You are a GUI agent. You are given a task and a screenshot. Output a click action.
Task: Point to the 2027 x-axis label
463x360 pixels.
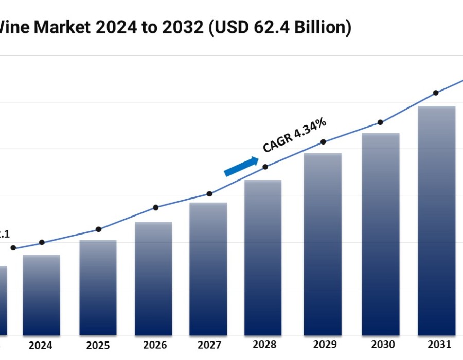tap(209, 345)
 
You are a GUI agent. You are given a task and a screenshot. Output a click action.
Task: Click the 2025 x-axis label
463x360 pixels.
tap(98, 345)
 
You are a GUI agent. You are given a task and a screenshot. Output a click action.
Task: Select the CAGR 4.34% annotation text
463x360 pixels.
tap(294, 135)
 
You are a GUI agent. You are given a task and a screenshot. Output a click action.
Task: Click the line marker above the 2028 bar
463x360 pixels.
tap(265, 167)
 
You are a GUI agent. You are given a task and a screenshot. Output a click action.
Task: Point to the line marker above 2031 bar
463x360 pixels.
tap(436, 93)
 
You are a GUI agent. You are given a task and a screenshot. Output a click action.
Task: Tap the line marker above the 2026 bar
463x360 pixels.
tap(156, 208)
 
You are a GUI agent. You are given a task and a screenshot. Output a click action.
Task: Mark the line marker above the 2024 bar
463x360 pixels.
tap(42, 242)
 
